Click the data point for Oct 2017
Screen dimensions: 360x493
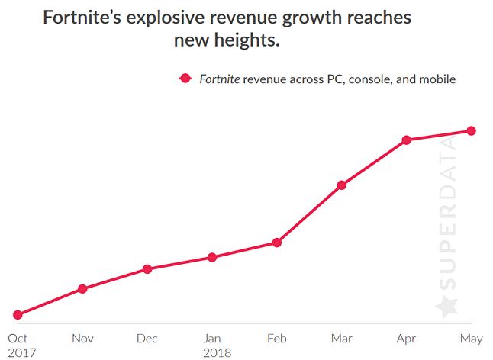[x=18, y=314]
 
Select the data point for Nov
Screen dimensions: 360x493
[x=82, y=288]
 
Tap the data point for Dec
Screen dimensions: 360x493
[x=147, y=269]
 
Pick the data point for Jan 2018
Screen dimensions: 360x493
[x=212, y=257]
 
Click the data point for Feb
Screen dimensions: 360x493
[x=277, y=243]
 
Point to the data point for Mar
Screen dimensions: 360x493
[x=342, y=185]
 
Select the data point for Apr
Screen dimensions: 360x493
[x=407, y=140]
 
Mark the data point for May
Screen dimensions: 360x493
[x=472, y=130]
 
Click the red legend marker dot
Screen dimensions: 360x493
[x=184, y=79]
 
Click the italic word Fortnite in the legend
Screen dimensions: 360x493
[x=219, y=79]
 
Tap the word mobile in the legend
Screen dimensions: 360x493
[x=437, y=79]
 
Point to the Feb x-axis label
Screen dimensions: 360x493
[x=277, y=338]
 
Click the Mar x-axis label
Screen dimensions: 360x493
[x=342, y=338]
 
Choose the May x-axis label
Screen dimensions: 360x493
[x=472, y=338]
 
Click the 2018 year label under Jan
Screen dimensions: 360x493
[x=217, y=352]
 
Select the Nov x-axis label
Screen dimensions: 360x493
[x=82, y=338]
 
